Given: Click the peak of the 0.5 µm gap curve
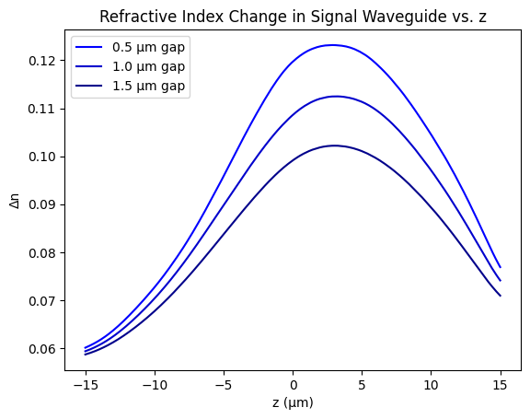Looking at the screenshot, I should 331,45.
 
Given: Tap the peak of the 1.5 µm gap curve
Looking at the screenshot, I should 334,145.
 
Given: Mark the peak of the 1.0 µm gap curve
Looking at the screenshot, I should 334,96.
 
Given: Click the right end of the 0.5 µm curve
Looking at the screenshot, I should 500,267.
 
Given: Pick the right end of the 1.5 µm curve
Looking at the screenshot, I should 500,296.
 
